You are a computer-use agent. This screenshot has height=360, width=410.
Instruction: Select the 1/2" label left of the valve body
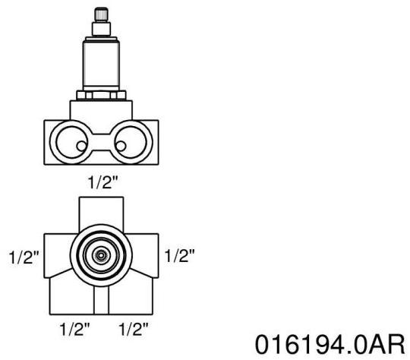coord(24,257)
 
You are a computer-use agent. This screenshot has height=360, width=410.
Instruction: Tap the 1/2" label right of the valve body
coord(181,256)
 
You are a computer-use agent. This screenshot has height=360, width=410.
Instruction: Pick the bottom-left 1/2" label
coord(76,330)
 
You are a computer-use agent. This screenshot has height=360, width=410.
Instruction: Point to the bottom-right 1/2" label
coord(132,330)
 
